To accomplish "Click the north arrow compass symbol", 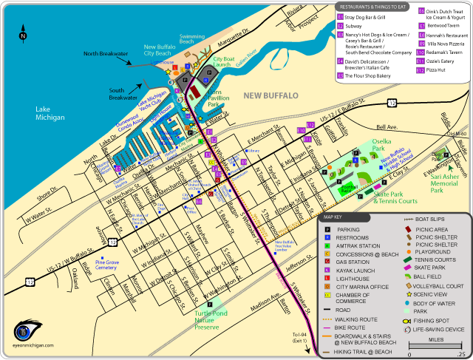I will pyautogui.click(x=23, y=33).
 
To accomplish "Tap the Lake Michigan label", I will pyautogui.click(x=50, y=112).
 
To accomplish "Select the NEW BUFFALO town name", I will pyautogui.click(x=270, y=95).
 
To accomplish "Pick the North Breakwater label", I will pyautogui.click(x=106, y=53).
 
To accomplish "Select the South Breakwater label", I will pyautogui.click(x=123, y=92).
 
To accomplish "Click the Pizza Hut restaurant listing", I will pyautogui.click(x=438, y=69).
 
